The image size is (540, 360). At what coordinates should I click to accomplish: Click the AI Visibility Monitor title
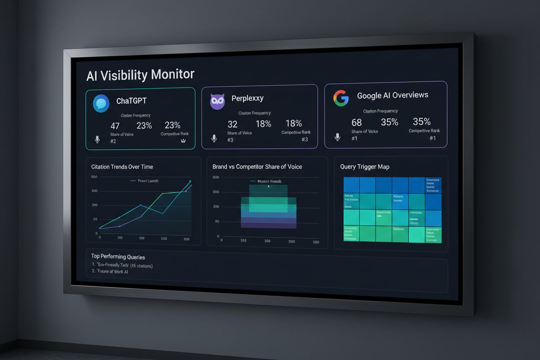[x=140, y=74]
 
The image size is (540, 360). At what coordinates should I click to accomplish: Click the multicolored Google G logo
[x=341, y=98]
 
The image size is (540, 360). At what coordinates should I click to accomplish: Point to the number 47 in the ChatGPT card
[x=115, y=126]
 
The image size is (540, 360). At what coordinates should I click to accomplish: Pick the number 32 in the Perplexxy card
[x=232, y=125]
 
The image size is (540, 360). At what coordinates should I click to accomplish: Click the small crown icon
[x=183, y=141]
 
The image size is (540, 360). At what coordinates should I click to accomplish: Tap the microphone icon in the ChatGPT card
[x=97, y=139]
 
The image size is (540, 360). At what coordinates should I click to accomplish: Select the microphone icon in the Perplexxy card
[x=214, y=138]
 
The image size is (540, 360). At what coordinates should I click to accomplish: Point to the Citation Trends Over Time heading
[x=122, y=167]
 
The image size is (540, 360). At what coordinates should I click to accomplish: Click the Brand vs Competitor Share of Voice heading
[x=257, y=167]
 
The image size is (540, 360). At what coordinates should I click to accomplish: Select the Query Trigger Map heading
[x=365, y=167]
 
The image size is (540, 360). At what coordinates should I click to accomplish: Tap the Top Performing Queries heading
[x=118, y=257]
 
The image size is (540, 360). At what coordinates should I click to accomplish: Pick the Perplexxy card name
[x=247, y=98]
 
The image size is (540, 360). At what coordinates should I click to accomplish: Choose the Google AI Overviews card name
[x=392, y=96]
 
